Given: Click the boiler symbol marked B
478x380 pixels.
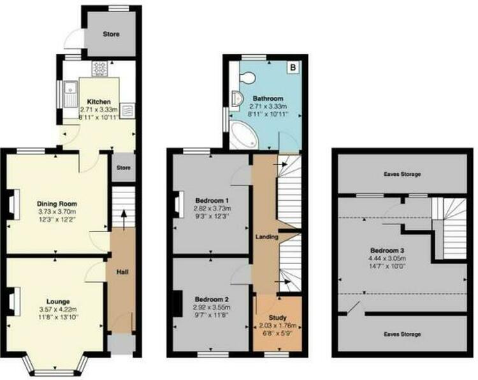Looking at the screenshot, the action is coord(293,67).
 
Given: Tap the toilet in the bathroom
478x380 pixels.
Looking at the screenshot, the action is coord(246,77).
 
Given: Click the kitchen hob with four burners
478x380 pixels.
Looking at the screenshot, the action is coord(99,68).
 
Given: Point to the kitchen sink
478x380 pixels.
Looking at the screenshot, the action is coord(71,94).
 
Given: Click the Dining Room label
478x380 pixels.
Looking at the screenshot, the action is coord(57,203).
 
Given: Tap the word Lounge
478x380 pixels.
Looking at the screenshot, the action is coord(58,302).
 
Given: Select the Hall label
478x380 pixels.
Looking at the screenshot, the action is coord(122,272).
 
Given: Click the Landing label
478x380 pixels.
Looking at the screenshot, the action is coord(267,237).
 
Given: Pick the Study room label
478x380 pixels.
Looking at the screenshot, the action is coord(277,318).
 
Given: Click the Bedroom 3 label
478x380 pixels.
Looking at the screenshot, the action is coord(387,251).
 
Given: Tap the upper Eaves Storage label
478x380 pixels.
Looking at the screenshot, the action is coord(402,174).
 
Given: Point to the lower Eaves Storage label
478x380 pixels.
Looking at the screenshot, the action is coord(402,334).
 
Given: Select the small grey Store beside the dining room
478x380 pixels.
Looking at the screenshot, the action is coord(124,168).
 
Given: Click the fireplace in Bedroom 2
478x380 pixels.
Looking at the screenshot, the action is coord(177,303).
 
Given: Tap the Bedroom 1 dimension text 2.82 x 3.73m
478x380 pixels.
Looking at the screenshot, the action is coord(212,208).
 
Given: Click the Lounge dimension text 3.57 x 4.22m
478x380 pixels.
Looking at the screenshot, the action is coord(58,309).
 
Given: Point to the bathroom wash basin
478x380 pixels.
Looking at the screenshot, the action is coord(236,98).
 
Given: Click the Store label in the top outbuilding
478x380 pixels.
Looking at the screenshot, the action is coord(112,34).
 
